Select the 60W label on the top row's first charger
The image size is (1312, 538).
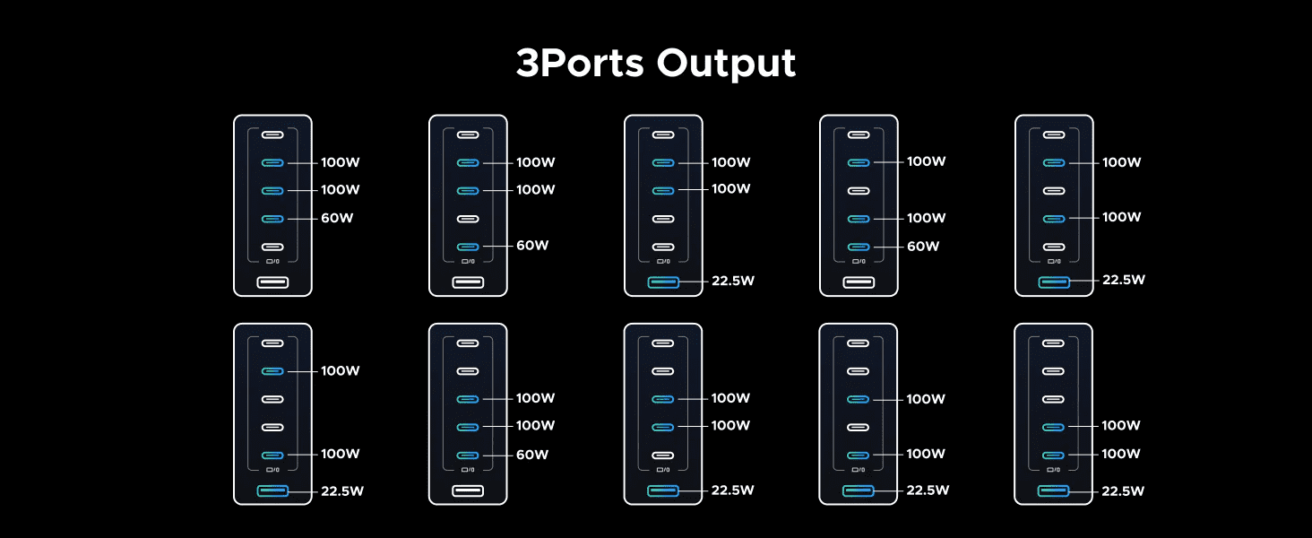(x=337, y=218)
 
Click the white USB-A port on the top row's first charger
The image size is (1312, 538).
(x=272, y=282)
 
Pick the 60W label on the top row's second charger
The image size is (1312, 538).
(x=532, y=246)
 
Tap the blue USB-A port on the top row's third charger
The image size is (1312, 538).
(x=663, y=282)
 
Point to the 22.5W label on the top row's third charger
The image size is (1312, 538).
(x=733, y=281)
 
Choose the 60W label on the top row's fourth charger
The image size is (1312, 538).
(x=923, y=246)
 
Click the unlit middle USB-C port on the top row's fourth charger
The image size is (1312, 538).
(x=859, y=190)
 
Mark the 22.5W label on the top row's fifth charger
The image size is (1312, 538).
(x=1124, y=280)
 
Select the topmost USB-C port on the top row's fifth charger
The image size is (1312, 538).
(x=1054, y=134)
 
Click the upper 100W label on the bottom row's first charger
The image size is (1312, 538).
(x=341, y=370)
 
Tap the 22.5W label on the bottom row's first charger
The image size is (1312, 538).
(x=342, y=491)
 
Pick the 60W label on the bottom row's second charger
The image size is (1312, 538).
(x=532, y=455)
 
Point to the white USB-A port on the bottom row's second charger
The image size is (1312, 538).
(x=468, y=490)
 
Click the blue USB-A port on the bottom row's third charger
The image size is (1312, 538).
(x=663, y=490)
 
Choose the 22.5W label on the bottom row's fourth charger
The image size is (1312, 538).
(x=928, y=491)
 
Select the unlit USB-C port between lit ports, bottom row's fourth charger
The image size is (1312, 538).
(x=859, y=427)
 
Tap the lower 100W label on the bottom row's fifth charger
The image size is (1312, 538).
(x=1121, y=454)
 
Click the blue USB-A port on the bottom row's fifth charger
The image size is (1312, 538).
(x=1054, y=490)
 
